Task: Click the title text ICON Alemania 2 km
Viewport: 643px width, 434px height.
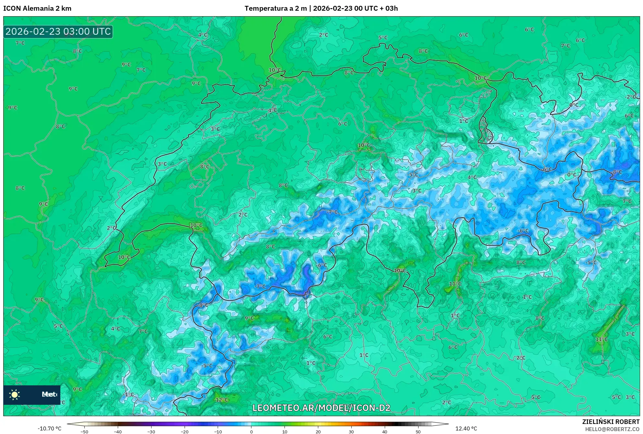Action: [x=37, y=8]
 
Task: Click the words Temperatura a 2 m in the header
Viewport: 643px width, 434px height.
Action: [x=275, y=8]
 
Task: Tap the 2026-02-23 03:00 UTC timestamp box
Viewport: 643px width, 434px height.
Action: [x=58, y=31]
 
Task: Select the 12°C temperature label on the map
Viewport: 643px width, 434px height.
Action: [x=222, y=400]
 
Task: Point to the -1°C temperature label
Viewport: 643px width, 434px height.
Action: [x=128, y=394]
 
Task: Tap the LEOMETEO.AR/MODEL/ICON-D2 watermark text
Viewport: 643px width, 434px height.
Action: [x=321, y=408]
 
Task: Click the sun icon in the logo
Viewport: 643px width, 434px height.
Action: [x=15, y=394]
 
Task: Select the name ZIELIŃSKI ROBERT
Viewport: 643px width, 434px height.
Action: [x=611, y=422]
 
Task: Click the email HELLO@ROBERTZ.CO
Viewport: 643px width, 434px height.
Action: [x=612, y=429]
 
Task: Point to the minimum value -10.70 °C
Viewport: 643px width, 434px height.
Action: [x=49, y=428]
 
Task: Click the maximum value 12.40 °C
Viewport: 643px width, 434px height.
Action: [x=466, y=428]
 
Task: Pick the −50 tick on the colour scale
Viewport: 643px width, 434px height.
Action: [x=84, y=432]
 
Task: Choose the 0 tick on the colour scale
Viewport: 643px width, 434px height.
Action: [x=251, y=432]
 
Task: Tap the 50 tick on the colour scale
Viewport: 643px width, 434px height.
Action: [x=418, y=432]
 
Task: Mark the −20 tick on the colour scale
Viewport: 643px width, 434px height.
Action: [x=184, y=432]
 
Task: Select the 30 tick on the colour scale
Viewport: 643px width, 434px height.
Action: [x=351, y=432]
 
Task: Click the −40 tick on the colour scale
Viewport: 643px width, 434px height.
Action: [x=118, y=432]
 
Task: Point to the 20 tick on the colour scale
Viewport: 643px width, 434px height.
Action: [x=318, y=432]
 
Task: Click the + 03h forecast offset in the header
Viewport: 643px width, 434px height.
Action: [x=388, y=8]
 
